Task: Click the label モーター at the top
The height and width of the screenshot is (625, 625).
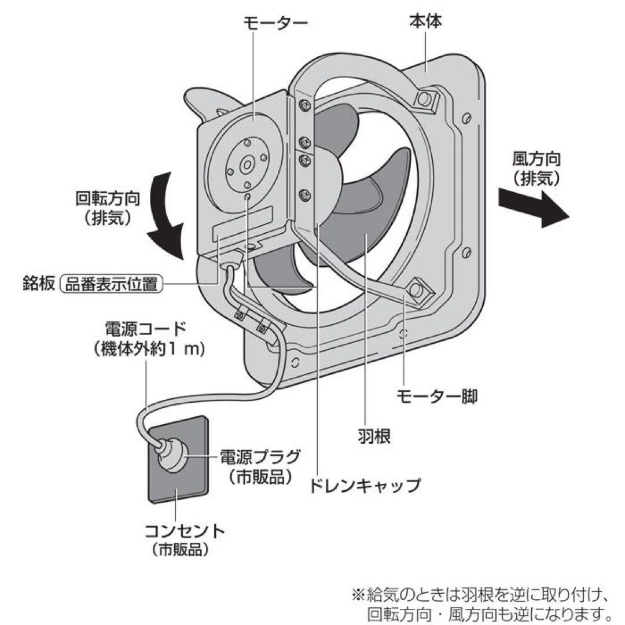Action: pyautogui.click(x=274, y=23)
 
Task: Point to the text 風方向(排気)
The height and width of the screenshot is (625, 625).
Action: pyautogui.click(x=536, y=168)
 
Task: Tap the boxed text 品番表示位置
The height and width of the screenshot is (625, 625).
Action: pyautogui.click(x=112, y=284)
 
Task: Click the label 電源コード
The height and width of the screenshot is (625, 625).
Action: pyautogui.click(x=145, y=329)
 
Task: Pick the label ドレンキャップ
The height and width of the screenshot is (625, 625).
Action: pyautogui.click(x=365, y=485)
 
